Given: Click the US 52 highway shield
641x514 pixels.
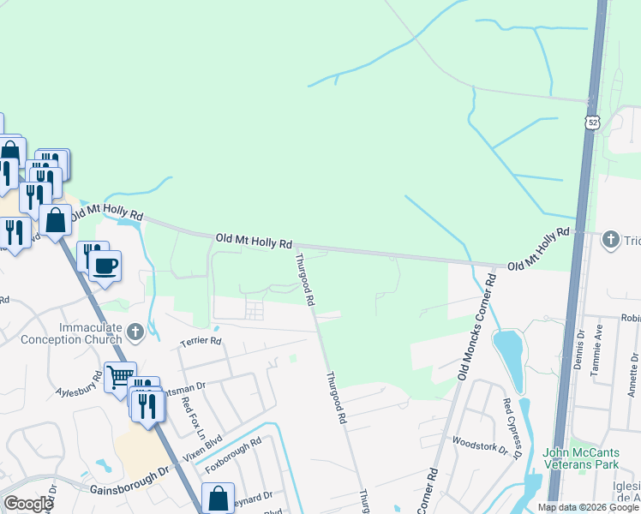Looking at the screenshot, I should click(x=593, y=123).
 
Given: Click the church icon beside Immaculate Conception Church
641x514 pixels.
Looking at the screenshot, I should click(x=135, y=331).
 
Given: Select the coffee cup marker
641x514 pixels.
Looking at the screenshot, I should click(x=105, y=265).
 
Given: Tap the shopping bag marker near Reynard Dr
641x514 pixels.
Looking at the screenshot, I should click(x=218, y=498).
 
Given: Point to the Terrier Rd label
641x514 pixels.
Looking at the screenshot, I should click(x=201, y=341).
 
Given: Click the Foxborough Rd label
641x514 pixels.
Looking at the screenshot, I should click(x=233, y=459).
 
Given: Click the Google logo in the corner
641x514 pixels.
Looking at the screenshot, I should click(x=28, y=504).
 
